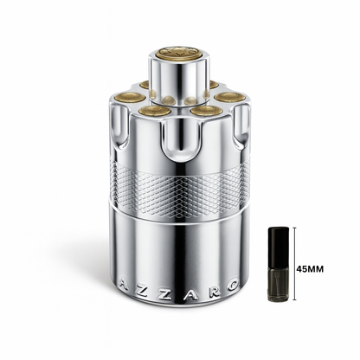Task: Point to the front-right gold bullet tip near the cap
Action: [203, 111]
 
